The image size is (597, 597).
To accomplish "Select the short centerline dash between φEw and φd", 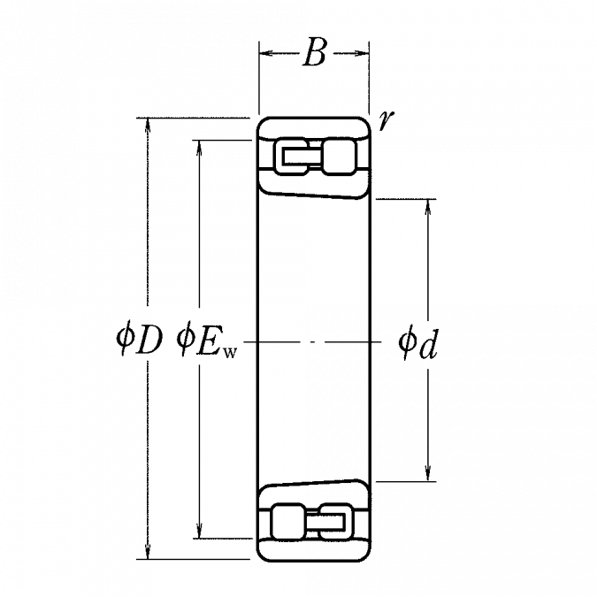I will click(x=310, y=341).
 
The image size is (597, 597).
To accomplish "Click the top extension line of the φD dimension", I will click(x=195, y=116).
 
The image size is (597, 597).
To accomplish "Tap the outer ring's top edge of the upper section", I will click(x=313, y=116).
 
